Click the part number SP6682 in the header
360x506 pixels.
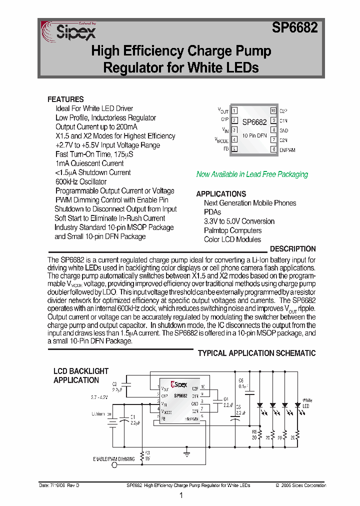click(x=295, y=28)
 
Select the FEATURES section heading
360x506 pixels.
click(x=65, y=99)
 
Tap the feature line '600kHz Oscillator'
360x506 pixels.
click(x=81, y=181)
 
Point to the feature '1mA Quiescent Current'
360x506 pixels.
click(x=89, y=163)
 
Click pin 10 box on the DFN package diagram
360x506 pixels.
click(x=273, y=110)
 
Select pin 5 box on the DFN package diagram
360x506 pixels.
click(x=234, y=149)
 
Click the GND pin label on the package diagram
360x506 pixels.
click(x=283, y=130)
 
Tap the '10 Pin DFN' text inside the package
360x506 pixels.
click(x=254, y=135)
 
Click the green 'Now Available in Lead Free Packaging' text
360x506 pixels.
click(x=252, y=174)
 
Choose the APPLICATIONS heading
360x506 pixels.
click(x=221, y=194)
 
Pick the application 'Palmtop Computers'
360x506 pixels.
click(x=232, y=230)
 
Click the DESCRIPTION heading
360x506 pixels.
click(x=292, y=249)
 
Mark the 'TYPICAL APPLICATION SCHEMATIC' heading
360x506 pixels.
click(x=256, y=353)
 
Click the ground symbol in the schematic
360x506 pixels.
click(x=186, y=454)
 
